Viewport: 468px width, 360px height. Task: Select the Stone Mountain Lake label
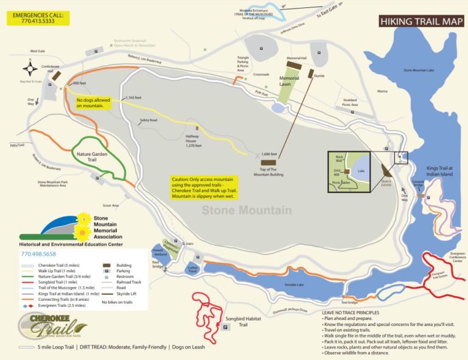click(x=419, y=70)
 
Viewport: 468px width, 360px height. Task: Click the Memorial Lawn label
click(x=289, y=81)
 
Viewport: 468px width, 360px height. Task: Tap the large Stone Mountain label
click(x=247, y=211)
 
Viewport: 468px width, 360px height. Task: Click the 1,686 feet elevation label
click(x=269, y=154)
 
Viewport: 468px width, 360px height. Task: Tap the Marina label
click(x=382, y=91)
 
